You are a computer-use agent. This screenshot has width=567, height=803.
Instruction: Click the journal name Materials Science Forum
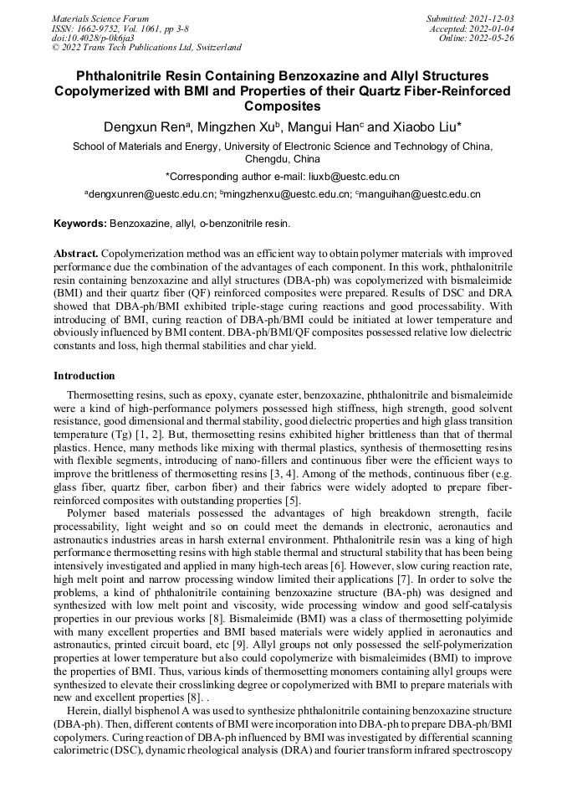pos(100,18)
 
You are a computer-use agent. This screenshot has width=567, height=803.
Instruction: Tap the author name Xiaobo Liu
pos(427,126)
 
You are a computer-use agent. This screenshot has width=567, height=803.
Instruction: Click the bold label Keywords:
pos(80,224)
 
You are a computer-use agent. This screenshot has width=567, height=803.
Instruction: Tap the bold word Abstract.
pos(76,252)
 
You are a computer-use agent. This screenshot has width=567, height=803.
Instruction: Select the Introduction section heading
pos(84,376)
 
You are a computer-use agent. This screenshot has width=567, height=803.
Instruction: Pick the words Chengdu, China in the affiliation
pos(283,158)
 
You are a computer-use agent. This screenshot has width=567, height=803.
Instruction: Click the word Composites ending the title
pos(283,106)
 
